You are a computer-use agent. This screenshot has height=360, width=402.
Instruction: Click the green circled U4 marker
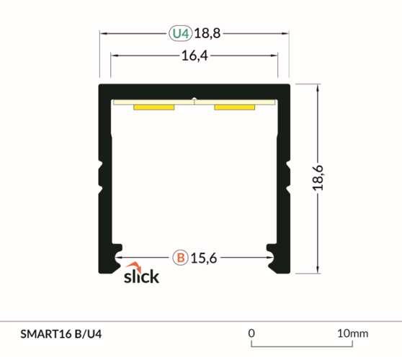tap(180, 33)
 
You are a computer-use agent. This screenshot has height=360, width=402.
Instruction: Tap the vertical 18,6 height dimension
tap(318, 177)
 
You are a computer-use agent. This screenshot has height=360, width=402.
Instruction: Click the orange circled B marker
tap(180, 256)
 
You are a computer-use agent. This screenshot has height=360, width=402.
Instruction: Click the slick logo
tap(141, 274)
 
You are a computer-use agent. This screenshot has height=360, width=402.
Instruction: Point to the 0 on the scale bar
tap(251, 333)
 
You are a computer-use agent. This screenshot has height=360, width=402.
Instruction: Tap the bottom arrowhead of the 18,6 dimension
tap(317, 270)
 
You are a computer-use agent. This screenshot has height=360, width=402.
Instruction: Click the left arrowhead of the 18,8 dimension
tap(103, 33)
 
